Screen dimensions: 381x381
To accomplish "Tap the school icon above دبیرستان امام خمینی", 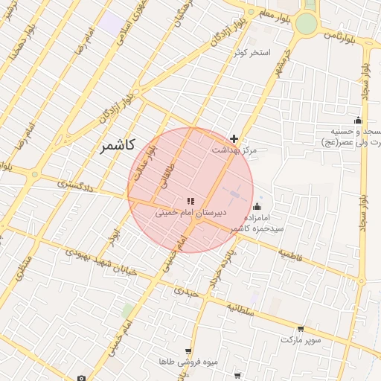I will pos(189,201).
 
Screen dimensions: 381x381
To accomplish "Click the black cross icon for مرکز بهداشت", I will pos(234,138).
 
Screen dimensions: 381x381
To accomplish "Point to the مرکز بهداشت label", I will pos(234,150).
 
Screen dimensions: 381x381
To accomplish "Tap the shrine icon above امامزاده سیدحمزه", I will pos(257,207).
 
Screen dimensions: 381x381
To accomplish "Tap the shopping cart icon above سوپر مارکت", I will pos(301,328).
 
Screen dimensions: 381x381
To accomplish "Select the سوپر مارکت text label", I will pos(301,339).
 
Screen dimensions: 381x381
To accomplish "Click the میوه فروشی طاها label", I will pos(188,362).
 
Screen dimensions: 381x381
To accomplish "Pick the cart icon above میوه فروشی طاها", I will pos(188,350).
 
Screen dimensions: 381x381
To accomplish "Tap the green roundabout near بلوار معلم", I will pos(306,24).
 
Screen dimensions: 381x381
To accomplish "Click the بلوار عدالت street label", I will pos(150,158).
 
